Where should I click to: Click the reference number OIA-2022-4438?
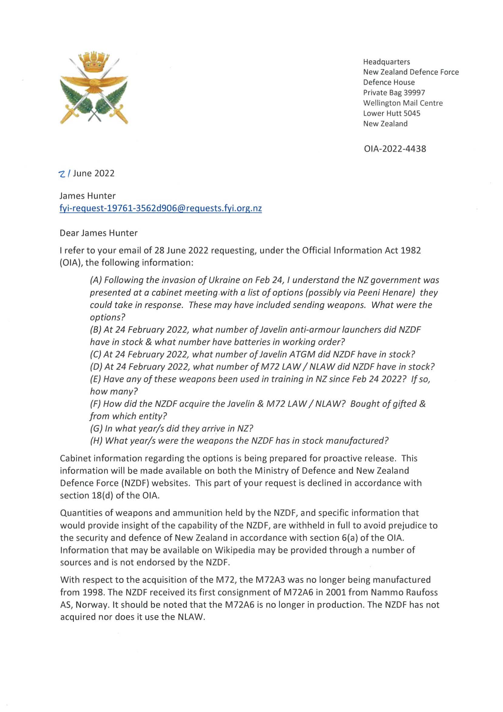coord(395,149)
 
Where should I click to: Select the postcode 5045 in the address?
coord(412,114)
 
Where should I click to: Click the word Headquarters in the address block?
coord(387,62)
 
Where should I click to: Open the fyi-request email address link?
coord(160,208)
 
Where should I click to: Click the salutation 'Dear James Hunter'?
coord(99,233)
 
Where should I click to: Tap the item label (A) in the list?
coord(96,280)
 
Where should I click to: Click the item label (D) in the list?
coord(96,367)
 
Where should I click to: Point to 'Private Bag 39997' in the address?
coord(394,93)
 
